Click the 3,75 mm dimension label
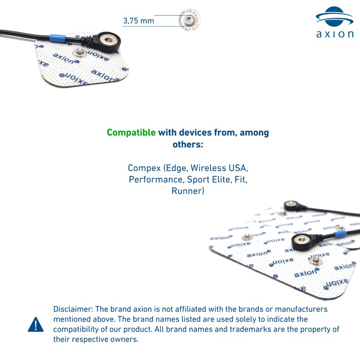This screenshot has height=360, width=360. click(x=139, y=21)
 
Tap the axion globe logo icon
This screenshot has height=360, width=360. click(x=334, y=16)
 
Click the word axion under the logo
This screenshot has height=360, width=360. click(x=335, y=34)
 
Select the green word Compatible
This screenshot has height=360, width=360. click(x=131, y=133)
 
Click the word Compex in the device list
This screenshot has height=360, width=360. click(x=144, y=168)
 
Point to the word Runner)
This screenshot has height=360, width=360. click(x=188, y=191)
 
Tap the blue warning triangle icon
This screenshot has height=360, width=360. click(x=36, y=324)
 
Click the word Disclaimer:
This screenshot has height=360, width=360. click(x=73, y=309)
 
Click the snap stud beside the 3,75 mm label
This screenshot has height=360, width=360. click(x=189, y=20)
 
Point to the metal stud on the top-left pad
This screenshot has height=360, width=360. click(x=80, y=53)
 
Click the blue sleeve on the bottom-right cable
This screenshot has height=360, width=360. click(x=341, y=234)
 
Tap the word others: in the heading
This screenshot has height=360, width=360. click(x=188, y=144)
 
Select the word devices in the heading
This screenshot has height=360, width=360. click(x=195, y=133)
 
